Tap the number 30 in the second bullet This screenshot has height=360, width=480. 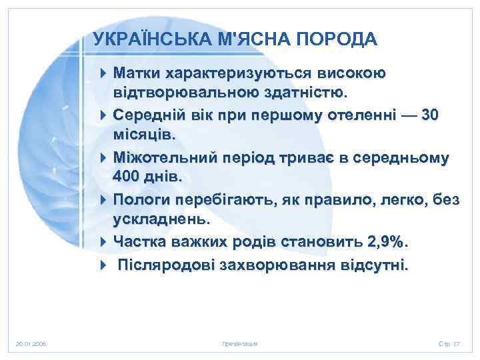(x=431, y=115)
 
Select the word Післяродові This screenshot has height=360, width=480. (x=166, y=266)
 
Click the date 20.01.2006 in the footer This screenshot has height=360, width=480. (x=31, y=344)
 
